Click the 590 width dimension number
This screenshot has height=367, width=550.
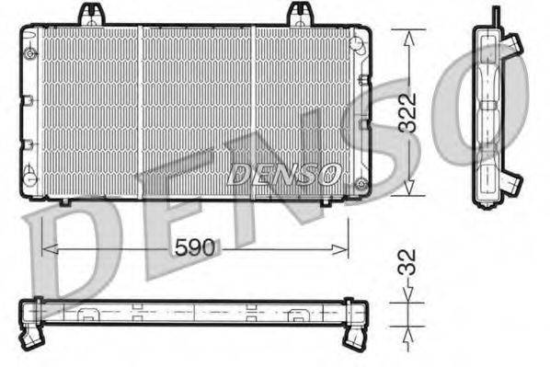[195, 248]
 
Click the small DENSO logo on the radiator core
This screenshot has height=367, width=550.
[284, 173]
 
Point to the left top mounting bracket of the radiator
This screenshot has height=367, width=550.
[89, 15]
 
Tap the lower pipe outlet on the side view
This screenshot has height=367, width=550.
[513, 182]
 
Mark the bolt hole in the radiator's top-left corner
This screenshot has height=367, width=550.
[32, 52]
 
